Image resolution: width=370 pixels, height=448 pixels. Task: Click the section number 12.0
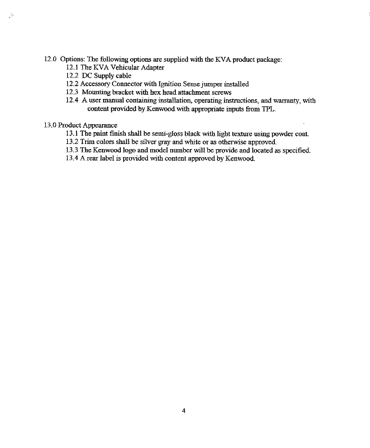(50, 59)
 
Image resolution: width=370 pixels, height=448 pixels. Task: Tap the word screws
(221, 93)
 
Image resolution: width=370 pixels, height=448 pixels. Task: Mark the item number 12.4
(72, 101)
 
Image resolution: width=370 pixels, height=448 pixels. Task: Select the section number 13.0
(50, 126)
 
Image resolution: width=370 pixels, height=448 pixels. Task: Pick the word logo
(120, 150)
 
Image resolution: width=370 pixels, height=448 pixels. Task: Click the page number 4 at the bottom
(184, 411)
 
